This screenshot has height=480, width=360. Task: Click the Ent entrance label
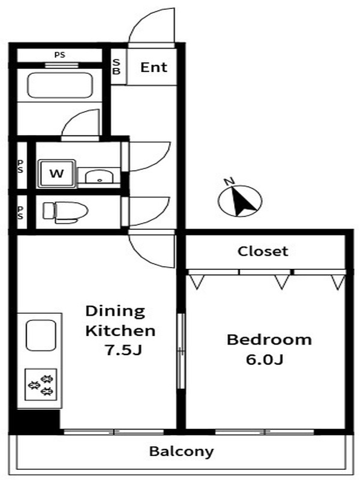coord(154,67)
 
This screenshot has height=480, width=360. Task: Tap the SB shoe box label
coord(116,67)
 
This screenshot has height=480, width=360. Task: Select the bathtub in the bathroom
coord(60,85)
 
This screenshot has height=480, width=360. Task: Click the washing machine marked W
coord(56,173)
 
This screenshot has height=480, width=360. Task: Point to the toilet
coord(65,211)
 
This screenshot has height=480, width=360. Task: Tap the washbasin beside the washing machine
coord(99,176)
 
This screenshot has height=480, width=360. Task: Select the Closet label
coord(263,251)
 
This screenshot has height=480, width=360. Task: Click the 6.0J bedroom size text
coord(264,359)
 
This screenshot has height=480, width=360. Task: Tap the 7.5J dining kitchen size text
coord(123,350)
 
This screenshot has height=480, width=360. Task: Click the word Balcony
coord(181,452)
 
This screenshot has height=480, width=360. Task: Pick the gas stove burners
coord(41,385)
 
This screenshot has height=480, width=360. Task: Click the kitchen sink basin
coord(41,335)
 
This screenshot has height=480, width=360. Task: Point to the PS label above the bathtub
coord(59,55)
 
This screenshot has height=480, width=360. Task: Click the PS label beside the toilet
coord(20,212)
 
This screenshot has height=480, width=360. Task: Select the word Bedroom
coord(269,340)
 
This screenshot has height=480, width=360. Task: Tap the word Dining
coord(115,311)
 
